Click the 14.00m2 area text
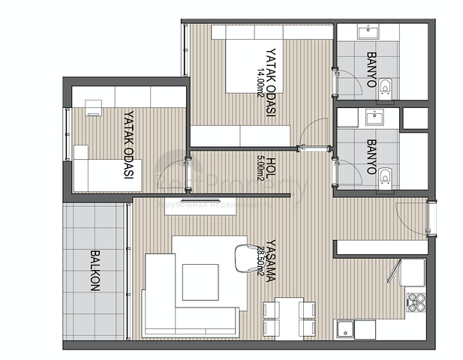(x=260, y=82)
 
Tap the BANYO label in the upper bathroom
(x=371, y=69)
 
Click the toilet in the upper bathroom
(x=385, y=87)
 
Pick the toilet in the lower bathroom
(x=385, y=177)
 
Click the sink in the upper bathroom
(x=370, y=31)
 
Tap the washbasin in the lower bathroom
(x=373, y=117)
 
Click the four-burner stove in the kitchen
(x=416, y=302)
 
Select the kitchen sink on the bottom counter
(x=346, y=329)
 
